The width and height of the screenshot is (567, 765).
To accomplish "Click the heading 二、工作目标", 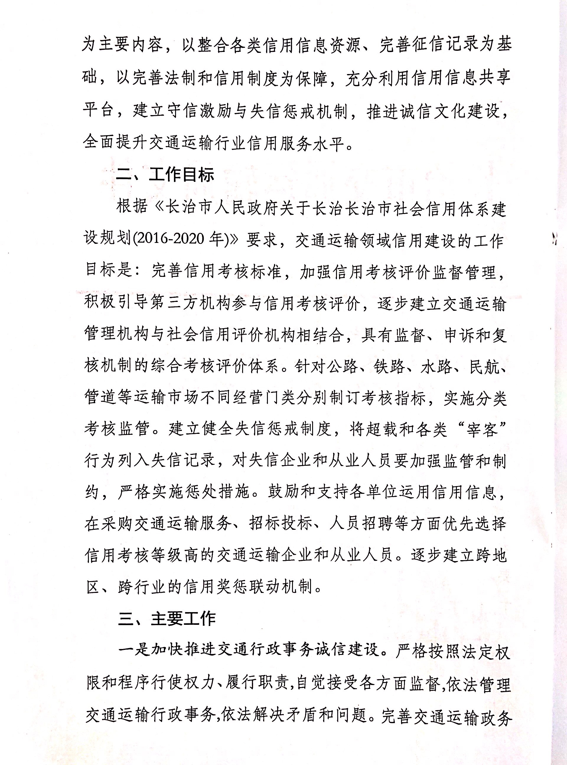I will pos(165,175).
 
